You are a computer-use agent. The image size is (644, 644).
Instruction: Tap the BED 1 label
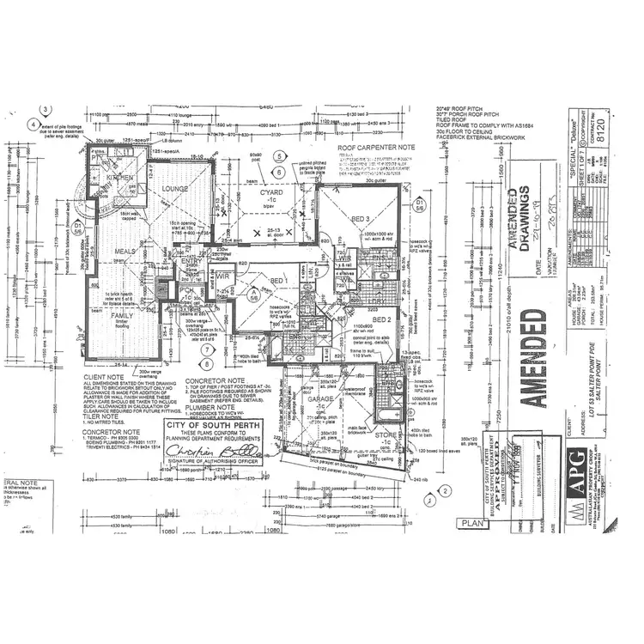(x=277, y=281)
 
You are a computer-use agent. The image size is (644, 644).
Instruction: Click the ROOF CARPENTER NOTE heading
(x=376, y=148)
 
